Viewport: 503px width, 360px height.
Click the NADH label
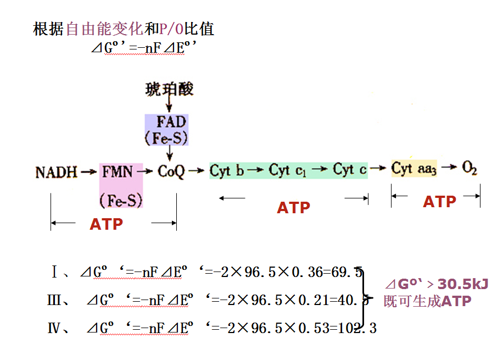point(57,172)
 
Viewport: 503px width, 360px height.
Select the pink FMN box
point(121,184)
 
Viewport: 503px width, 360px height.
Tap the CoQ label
point(171,171)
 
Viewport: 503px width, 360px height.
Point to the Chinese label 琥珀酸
point(170,88)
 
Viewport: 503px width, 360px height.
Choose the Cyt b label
point(227,170)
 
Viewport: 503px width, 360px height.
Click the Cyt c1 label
point(287,170)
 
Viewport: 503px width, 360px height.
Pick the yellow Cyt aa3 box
point(414,168)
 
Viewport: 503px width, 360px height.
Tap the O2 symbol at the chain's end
point(470,168)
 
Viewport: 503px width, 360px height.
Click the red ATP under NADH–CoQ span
point(107,224)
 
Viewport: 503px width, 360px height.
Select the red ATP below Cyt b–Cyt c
point(293,208)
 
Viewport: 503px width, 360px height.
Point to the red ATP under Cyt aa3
point(439,202)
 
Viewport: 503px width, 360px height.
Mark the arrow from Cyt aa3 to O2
point(448,168)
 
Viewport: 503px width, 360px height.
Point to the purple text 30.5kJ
point(462,284)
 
